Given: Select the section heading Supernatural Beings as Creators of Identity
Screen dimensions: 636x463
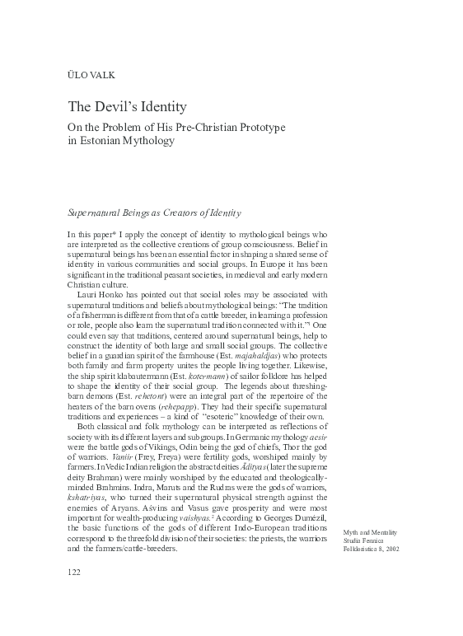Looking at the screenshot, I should pyautogui.click(x=154, y=213).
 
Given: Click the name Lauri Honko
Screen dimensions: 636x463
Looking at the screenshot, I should pyautogui.click(x=99, y=293).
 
